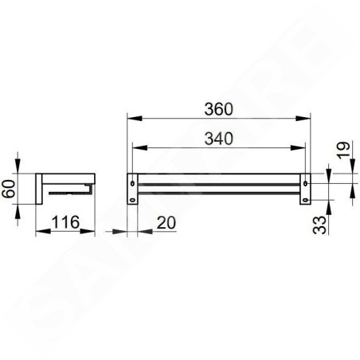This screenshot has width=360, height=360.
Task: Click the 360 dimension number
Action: (219, 109)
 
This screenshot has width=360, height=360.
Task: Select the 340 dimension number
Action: (219, 139)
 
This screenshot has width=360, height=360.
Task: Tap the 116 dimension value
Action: (65, 222)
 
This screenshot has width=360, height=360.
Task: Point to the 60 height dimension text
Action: (8, 189)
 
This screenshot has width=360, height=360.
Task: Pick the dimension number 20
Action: (166, 222)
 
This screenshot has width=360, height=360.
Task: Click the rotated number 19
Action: (343, 151)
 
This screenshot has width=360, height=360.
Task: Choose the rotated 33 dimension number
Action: (319, 225)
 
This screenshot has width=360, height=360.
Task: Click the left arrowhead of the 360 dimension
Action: (135, 118)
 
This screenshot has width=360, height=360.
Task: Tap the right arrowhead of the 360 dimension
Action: (303, 118)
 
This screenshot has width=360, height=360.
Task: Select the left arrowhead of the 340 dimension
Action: (140, 147)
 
